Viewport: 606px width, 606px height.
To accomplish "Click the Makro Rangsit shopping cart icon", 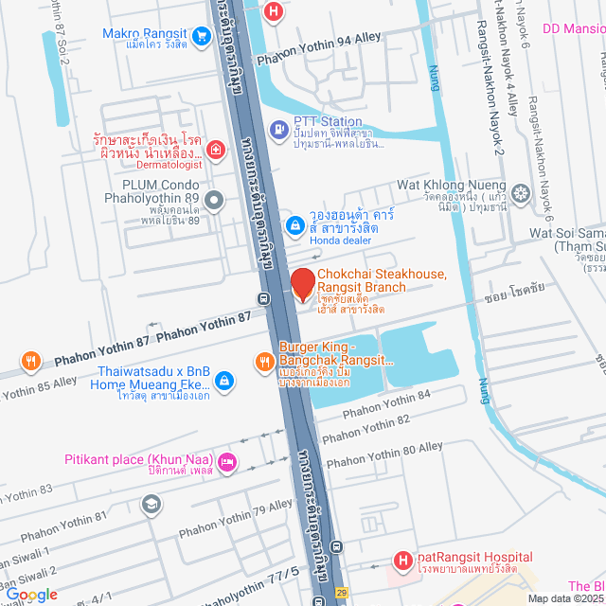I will pos(201,36).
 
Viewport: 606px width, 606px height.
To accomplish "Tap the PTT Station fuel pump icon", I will pos(279,129).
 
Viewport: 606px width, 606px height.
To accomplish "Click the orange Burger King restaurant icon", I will pos(266,361).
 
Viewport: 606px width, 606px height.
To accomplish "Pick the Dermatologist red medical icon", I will pos(216,150).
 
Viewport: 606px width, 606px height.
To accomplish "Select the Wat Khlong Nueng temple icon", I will pos(520,192).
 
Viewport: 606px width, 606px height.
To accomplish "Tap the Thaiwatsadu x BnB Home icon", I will pos(223,381).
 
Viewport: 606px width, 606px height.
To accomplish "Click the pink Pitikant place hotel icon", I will pos(226,462).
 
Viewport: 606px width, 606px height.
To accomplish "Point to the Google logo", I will pos(32,595).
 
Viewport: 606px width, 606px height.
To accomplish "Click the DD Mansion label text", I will pos(574,28).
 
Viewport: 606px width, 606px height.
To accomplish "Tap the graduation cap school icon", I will pos(151,505).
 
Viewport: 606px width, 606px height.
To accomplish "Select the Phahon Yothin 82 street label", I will pos(365,430).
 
